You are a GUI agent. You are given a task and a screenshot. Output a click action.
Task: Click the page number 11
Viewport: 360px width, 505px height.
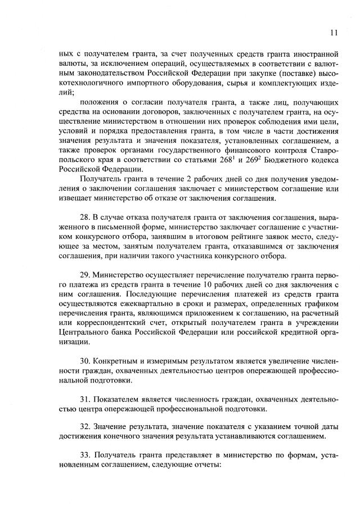click(x=334, y=33)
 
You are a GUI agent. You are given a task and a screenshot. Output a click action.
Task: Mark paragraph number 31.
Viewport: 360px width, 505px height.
click(x=86, y=399)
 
